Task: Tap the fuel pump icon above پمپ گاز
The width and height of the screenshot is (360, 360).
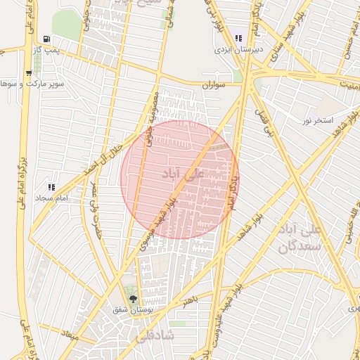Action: point(46,39)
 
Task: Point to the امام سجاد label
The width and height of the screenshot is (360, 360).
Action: point(51,199)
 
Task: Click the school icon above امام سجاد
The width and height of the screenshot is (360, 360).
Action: point(51,187)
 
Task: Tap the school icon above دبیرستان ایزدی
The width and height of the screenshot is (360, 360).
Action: point(239,39)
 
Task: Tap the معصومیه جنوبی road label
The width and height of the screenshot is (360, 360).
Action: point(150,119)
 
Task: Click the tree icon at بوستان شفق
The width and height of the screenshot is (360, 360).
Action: point(133,299)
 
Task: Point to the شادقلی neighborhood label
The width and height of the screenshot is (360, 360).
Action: point(163,336)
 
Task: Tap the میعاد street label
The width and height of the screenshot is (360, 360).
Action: point(71,331)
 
